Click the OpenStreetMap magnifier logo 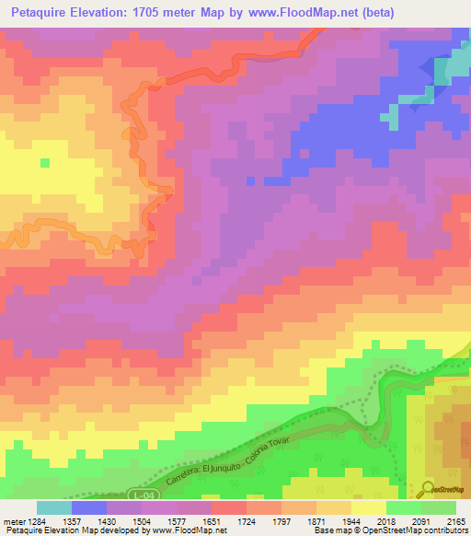[428, 488]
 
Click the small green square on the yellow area [44, 163]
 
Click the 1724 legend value [246, 520]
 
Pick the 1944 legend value [350, 520]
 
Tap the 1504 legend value [141, 520]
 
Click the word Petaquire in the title [40, 12]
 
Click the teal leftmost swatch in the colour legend [54, 507]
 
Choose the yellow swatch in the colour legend [369, 507]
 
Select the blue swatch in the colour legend [89, 507]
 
